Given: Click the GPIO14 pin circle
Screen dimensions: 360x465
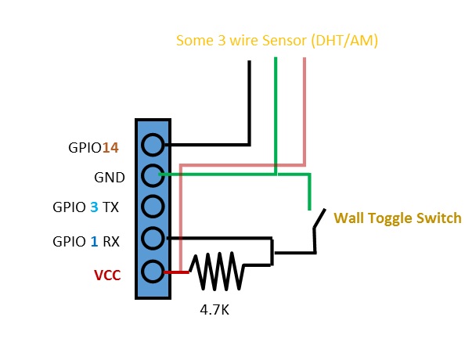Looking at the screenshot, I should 153,145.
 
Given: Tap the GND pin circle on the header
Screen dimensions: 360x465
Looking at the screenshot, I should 153,175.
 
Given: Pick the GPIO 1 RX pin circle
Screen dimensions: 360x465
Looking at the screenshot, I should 153,238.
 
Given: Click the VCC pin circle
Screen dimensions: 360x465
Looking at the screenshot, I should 153,272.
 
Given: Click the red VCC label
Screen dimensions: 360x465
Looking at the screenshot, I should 108,275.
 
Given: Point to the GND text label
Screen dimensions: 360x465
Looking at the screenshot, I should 109,178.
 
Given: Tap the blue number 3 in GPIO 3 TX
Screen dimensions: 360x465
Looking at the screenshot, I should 94,208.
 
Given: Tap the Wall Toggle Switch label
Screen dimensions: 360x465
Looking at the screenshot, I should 397,218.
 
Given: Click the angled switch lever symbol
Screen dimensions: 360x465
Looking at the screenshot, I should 318,228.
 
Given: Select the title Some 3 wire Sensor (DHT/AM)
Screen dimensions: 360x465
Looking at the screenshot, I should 277,40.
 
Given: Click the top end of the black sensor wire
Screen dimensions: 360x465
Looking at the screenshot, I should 250,63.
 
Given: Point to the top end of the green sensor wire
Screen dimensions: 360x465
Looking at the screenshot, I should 275,61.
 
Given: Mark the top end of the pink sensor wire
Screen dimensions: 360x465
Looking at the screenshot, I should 304,61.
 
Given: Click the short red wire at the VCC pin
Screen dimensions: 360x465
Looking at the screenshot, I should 177,272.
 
